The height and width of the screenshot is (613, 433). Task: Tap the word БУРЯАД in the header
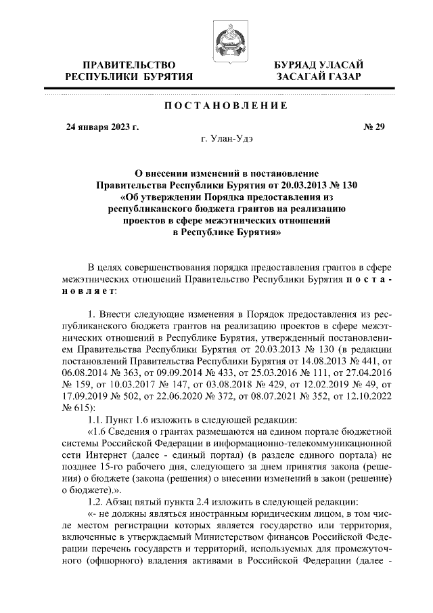click(x=296, y=64)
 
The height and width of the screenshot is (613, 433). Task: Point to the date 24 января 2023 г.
click(x=101, y=126)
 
